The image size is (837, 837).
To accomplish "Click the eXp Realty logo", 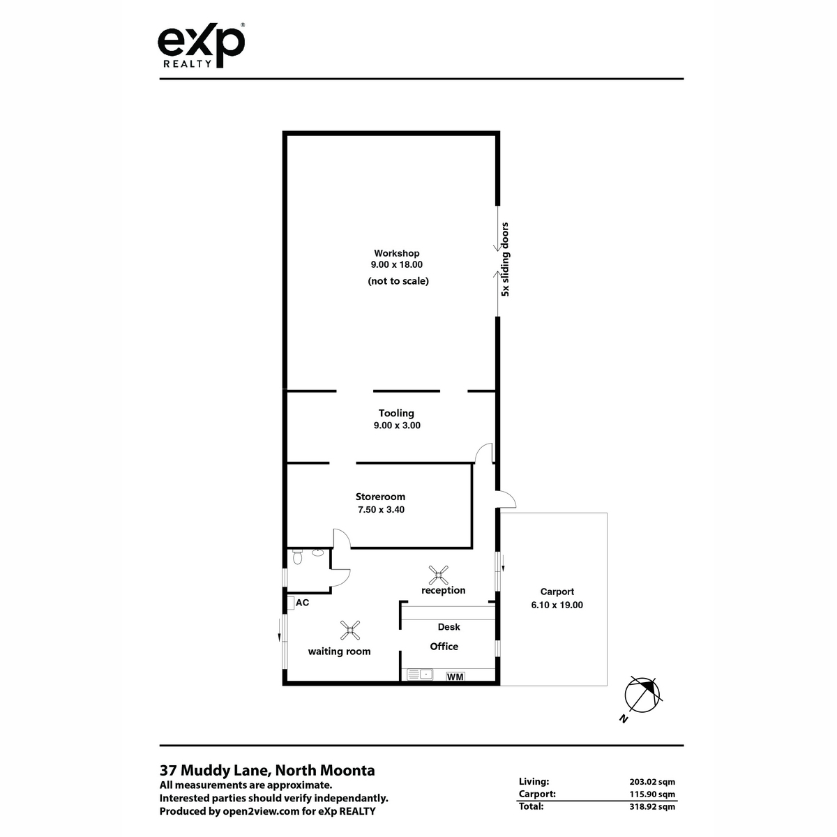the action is [201, 45].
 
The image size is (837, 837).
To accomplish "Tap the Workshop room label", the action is [397, 253].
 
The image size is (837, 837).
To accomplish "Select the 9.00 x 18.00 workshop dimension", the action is [397, 264].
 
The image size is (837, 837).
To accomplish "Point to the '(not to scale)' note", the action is [398, 281].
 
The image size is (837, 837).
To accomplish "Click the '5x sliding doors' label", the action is [505, 259].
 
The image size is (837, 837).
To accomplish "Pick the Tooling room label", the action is [396, 413].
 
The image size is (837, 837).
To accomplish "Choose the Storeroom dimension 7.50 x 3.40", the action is [381, 509].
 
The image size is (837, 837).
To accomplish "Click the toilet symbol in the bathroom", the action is [298, 557].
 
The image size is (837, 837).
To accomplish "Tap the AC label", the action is [302, 603].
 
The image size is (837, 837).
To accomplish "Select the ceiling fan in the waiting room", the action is [349, 631].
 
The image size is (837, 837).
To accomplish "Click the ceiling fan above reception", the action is [438, 575].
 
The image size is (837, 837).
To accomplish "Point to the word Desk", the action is [448, 627].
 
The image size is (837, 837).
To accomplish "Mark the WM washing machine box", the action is [455, 677].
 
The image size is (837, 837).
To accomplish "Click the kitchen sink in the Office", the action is [420, 674].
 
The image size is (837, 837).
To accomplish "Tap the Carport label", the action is [557, 591].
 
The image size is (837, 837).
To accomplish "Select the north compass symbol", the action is [642, 695].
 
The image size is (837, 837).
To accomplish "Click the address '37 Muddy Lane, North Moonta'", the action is [267, 770].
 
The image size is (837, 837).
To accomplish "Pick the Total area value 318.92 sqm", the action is [652, 806].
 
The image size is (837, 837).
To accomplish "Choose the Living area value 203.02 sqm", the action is [652, 782].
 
